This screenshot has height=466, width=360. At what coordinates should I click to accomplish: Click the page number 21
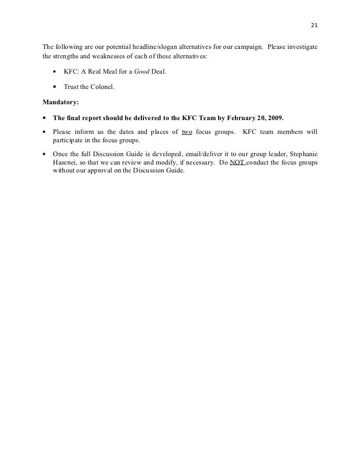314,26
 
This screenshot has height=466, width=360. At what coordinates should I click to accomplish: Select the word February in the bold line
240,119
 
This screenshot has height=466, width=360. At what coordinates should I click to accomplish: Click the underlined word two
187,132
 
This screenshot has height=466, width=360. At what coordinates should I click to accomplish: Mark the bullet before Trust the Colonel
55,87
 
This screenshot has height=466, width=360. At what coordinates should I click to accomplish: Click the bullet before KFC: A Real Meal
55,73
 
